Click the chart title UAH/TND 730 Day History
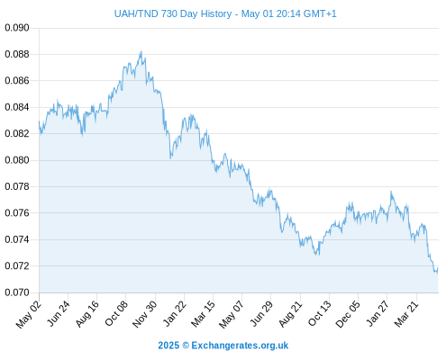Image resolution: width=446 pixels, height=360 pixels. [x=173, y=13]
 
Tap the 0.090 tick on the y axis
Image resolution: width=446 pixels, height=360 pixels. [x=17, y=28]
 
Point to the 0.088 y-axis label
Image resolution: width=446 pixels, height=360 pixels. [x=17, y=54]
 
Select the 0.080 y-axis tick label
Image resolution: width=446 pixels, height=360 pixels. [x=17, y=160]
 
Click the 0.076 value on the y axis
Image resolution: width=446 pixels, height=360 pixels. [x=17, y=213]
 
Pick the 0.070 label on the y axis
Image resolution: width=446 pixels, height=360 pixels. [x=17, y=292]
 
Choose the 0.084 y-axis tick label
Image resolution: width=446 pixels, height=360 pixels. [x=17, y=107]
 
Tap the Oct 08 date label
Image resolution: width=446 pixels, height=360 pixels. [x=116, y=313]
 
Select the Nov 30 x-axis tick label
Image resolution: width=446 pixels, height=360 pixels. [x=145, y=314]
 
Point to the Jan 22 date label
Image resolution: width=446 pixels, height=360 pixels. [x=175, y=313]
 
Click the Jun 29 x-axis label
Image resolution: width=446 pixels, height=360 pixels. [x=261, y=313]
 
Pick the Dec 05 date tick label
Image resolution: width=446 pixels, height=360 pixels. [x=348, y=314]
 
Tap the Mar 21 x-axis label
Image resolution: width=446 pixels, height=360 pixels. [x=406, y=313]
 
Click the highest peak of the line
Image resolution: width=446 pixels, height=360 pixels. [x=141, y=51]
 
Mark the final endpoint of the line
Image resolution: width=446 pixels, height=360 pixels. [x=438, y=268]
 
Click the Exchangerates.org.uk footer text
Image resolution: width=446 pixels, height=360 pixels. [x=240, y=346]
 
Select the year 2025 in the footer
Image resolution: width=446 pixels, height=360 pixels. [x=168, y=346]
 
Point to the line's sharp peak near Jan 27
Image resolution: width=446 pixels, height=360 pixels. [x=391, y=192]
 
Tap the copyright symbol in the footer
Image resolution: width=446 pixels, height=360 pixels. [x=186, y=346]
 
